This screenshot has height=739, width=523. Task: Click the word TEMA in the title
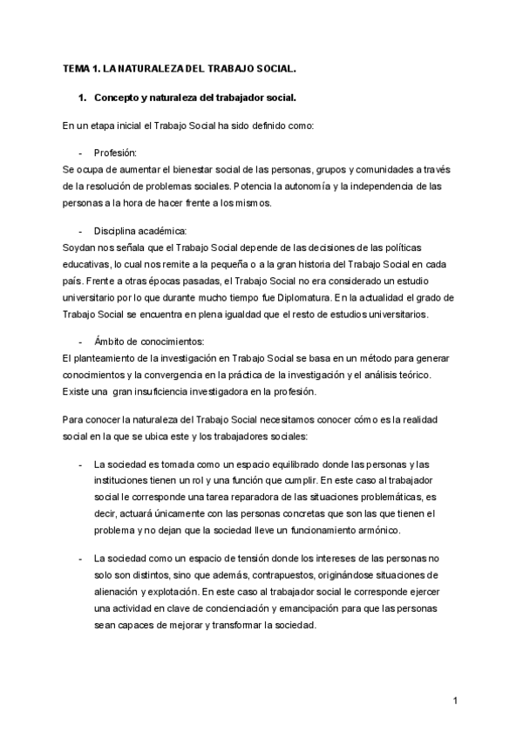[77, 68]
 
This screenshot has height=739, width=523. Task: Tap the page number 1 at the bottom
[455, 700]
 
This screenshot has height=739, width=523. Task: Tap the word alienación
[116, 593]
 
